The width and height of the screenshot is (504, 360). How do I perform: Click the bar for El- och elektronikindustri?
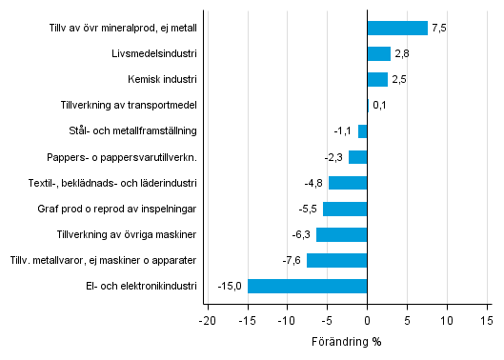click(x=307, y=286)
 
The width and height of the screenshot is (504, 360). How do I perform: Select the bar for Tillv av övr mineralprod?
click(x=397, y=28)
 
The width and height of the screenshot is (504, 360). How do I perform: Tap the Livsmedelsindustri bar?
click(x=378, y=53)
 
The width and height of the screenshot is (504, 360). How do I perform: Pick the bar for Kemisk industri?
click(x=377, y=79)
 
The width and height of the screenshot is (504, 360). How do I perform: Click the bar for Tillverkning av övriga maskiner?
click(x=341, y=234)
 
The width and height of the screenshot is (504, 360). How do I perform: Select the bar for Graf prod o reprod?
click(x=345, y=209)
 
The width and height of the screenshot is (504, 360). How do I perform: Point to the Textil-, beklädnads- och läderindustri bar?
click(x=348, y=183)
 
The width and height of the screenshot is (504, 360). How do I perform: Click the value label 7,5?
click(x=438, y=28)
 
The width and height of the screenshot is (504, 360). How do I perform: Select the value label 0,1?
click(x=379, y=105)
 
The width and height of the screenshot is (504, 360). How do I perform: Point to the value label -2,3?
click(x=334, y=157)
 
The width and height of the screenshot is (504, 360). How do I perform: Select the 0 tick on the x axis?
click(x=367, y=321)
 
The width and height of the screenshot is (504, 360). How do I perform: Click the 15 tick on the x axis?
click(x=487, y=321)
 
